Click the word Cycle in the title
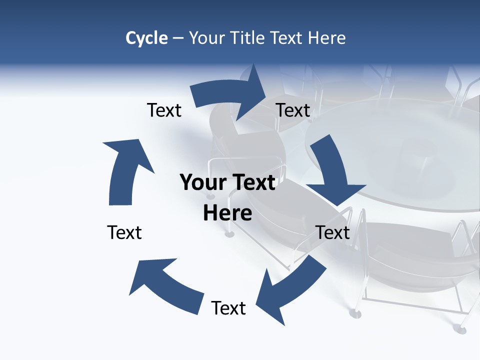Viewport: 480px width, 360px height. (146, 38)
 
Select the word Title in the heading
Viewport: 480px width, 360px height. (248, 38)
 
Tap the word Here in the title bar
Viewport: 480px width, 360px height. (327, 38)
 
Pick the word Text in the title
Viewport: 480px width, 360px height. (288, 38)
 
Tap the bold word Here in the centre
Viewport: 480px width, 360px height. (227, 213)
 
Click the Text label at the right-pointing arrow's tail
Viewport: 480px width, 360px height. (164, 110)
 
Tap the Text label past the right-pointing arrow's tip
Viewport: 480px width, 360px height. (293, 110)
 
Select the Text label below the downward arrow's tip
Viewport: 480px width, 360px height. (332, 232)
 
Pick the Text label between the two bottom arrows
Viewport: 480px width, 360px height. (228, 308)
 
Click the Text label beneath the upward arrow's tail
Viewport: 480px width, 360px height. (124, 232)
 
